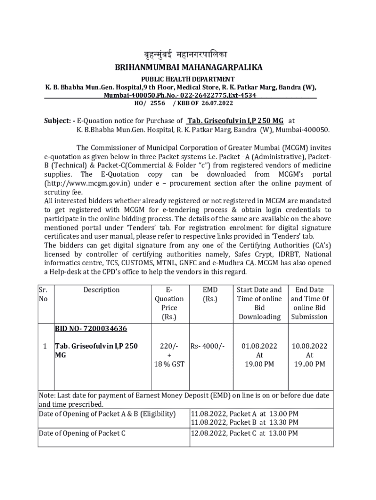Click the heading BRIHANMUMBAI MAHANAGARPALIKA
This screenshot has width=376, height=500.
tap(188, 67)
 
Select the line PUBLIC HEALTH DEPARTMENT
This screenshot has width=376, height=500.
tap(188, 79)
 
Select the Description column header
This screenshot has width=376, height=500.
tap(101, 290)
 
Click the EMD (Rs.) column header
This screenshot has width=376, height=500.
tap(210, 294)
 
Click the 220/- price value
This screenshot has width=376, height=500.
tap(169, 346)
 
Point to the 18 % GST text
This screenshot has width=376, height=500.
tap(169, 364)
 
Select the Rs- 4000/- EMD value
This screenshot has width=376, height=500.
tap(208, 346)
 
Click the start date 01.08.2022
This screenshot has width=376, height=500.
tap(259, 346)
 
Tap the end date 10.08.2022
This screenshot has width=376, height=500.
tap(310, 346)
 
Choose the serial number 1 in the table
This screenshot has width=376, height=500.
tap(44, 346)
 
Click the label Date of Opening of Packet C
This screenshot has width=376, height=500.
tap(82, 433)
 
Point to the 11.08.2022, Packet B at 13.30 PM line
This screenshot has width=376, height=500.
tap(244, 422)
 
